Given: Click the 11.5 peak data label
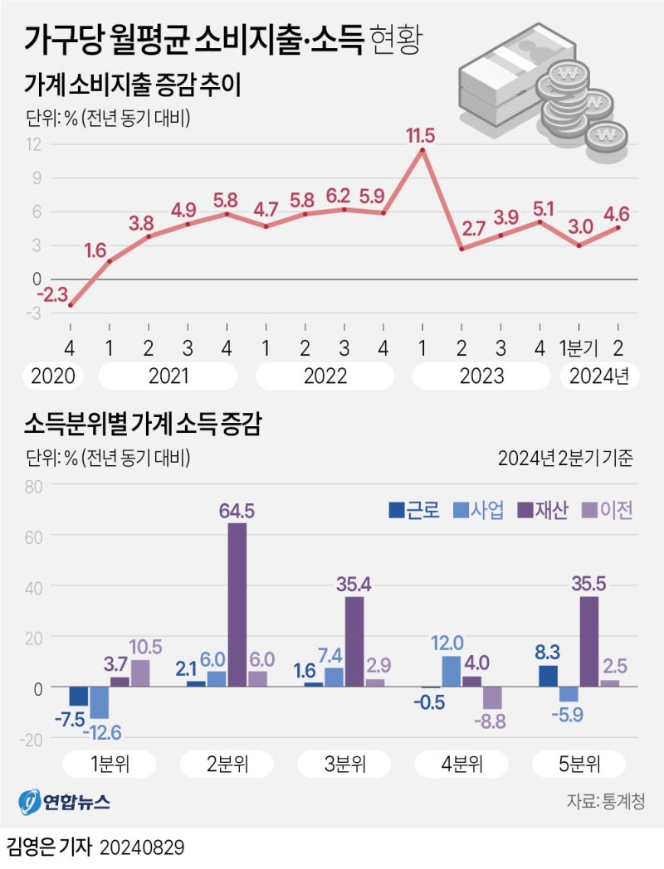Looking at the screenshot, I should [x=421, y=134].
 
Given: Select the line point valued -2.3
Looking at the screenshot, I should [x=71, y=305].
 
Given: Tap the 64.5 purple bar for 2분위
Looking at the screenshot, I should [x=237, y=604].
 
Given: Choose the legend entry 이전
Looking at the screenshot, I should [x=609, y=511].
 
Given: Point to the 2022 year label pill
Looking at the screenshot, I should [x=325, y=376].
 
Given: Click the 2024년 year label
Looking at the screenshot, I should [x=599, y=376].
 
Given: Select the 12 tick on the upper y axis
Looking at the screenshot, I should [x=34, y=144].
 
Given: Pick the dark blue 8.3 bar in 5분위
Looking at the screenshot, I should [x=548, y=676].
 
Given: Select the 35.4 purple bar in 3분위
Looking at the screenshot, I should [x=354, y=642].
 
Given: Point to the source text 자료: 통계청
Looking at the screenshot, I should [x=606, y=802].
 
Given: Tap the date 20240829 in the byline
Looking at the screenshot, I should [x=141, y=847].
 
